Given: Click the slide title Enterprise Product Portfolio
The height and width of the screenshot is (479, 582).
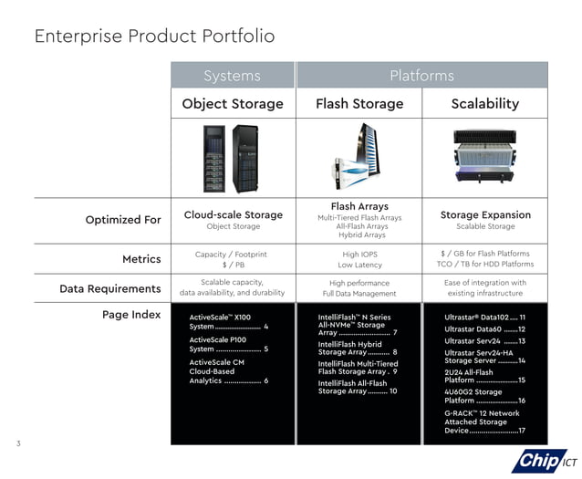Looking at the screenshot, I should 154,36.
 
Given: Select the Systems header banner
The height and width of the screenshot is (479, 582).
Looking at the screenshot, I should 232,75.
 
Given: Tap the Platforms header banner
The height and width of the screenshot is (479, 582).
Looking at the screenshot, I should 421,75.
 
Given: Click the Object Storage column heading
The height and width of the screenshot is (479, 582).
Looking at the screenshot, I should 232,104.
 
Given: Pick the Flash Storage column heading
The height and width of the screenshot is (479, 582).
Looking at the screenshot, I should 359,104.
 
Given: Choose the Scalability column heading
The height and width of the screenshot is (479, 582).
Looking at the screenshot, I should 484,104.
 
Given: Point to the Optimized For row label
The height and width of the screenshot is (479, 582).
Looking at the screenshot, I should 122,220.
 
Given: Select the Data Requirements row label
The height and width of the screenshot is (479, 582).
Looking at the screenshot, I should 109,288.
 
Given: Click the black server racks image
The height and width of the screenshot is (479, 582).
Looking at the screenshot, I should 231,157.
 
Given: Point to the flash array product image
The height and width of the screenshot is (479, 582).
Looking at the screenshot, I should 359,157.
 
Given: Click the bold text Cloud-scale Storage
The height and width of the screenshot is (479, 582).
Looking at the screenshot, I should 233,215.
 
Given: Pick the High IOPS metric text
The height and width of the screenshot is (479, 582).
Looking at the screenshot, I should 359,253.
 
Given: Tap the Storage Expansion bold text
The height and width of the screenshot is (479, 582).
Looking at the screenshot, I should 485,215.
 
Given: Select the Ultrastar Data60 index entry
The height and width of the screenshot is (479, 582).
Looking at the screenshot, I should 483,328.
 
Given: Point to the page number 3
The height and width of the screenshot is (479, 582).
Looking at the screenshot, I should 17,443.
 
